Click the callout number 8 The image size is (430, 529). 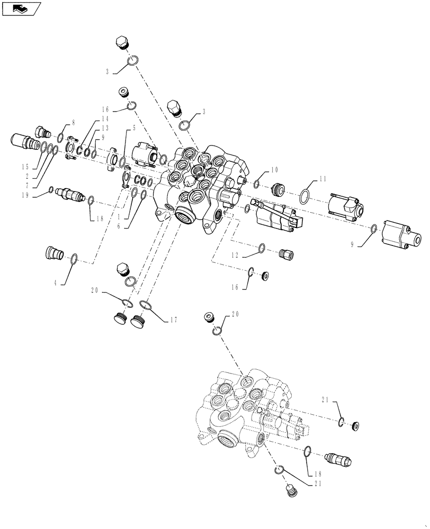[x=73, y=122]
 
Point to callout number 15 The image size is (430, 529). [x=25, y=167]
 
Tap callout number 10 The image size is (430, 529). [x=274, y=170]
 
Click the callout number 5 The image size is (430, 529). [x=134, y=128]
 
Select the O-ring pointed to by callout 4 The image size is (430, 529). [x=74, y=259]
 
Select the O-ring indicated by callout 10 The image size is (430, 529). [x=256, y=184]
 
